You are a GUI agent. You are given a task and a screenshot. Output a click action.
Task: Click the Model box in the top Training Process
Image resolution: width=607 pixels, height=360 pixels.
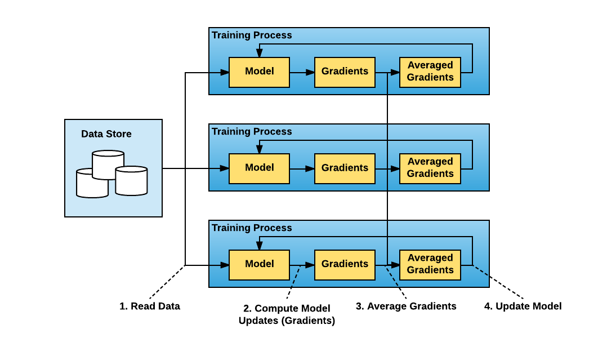pyautogui.click(x=259, y=72)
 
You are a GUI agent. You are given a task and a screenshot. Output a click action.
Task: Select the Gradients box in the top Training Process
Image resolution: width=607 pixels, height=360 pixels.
pyautogui.click(x=345, y=72)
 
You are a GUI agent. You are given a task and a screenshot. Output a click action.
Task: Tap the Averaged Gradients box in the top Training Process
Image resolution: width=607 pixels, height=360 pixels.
pyautogui.click(x=430, y=72)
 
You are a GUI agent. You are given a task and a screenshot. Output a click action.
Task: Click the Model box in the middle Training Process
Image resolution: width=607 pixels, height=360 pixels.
pyautogui.click(x=259, y=168)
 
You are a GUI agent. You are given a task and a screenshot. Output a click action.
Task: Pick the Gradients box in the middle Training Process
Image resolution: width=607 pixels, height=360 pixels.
pyautogui.click(x=345, y=168)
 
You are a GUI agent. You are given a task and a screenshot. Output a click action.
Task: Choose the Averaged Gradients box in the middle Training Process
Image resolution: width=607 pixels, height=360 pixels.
pyautogui.click(x=430, y=168)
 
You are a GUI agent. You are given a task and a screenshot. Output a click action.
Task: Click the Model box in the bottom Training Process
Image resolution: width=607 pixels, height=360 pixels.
pyautogui.click(x=259, y=265)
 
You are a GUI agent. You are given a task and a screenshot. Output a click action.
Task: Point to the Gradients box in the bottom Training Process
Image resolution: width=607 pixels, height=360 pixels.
pyautogui.click(x=345, y=265)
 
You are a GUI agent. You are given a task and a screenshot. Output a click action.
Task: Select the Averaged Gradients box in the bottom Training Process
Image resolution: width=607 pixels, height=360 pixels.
pyautogui.click(x=430, y=265)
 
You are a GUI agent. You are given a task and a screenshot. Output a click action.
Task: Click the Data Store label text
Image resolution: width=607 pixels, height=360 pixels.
pyautogui.click(x=106, y=134)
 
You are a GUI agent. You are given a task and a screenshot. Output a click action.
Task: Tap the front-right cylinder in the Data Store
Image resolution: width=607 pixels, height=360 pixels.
pyautogui.click(x=131, y=181)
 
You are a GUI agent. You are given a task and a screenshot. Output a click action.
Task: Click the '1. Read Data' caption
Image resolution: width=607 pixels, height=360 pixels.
pyautogui.click(x=150, y=306)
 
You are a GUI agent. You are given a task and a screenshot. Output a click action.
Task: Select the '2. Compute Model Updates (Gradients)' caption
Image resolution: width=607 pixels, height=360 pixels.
pyautogui.click(x=287, y=314)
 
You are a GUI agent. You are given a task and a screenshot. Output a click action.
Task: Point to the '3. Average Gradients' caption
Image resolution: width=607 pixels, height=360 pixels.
pyautogui.click(x=406, y=306)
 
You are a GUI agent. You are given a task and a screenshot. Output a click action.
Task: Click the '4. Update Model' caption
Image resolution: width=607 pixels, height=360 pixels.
pyautogui.click(x=523, y=306)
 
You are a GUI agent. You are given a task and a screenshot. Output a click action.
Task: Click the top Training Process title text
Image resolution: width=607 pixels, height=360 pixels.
pyautogui.click(x=252, y=35)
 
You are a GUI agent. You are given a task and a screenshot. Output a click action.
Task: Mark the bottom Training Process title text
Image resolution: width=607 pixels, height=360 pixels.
pyautogui.click(x=252, y=228)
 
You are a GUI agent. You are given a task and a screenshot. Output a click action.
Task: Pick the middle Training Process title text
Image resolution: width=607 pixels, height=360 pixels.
pyautogui.click(x=252, y=132)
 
